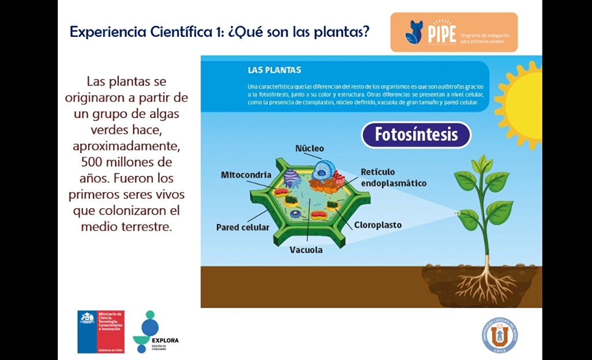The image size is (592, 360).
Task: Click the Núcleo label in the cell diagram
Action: [309, 148]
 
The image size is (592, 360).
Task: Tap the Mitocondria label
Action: [246, 175]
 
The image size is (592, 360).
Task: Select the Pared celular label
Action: [242, 227]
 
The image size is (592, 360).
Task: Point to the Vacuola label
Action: [306, 250]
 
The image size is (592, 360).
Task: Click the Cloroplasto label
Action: [377, 225]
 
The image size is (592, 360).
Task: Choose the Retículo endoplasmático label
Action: [394, 178]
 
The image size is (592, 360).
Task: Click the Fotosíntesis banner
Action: [416, 135]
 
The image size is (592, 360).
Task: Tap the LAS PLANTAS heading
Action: [274, 70]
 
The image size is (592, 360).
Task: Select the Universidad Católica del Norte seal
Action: [499, 335]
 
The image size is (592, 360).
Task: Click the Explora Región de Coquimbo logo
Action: [155, 332]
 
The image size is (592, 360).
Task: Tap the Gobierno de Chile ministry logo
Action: [101, 332]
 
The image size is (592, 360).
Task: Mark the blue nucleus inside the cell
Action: [323, 169]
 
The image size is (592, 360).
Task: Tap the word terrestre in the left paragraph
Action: [146, 227]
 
